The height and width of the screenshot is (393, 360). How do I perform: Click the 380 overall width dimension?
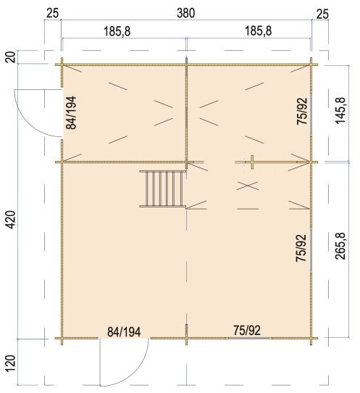pos(186,12)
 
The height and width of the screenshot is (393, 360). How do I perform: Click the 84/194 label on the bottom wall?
pos(124,331)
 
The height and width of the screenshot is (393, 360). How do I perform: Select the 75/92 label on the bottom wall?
pos(246,331)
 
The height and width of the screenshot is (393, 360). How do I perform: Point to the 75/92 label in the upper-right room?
pos(302,113)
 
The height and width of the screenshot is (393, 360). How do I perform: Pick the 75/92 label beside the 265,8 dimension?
pos(301,249)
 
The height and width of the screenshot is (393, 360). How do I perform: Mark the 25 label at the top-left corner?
pos(52,12)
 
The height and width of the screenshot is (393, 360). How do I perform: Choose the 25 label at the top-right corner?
pos(322,12)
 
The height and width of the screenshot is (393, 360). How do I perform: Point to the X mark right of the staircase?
pos(248,186)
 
